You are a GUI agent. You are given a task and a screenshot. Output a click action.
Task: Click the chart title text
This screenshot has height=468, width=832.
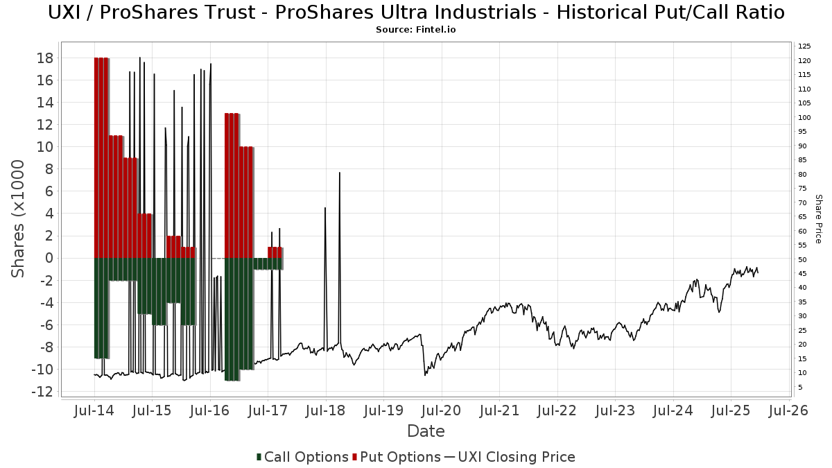click(416, 12)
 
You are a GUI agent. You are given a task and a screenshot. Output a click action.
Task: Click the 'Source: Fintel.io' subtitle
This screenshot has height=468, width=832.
click(416, 30)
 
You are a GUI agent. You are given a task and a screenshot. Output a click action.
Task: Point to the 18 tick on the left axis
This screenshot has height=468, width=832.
click(45, 58)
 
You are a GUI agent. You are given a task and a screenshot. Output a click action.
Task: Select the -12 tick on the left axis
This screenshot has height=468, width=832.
click(42, 392)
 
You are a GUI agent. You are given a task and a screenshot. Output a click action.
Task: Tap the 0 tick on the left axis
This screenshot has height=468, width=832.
click(50, 258)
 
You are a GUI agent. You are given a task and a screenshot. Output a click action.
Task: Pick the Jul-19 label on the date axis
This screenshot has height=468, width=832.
click(383, 411)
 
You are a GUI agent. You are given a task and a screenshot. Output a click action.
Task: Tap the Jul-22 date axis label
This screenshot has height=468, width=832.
click(557, 411)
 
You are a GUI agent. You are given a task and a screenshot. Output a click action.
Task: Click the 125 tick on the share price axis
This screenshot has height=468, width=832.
click(804, 46)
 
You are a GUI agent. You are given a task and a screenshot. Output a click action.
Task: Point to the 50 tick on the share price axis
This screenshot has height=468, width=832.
click(803, 259)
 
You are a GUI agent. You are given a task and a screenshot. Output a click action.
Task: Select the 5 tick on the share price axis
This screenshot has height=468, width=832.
click(801, 387)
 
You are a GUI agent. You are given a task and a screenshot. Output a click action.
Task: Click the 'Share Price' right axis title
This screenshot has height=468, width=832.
click(818, 219)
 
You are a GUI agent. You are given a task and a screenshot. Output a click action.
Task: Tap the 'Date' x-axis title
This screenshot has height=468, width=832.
click(426, 431)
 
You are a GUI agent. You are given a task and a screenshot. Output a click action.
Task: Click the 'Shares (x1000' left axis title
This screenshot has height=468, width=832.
click(19, 219)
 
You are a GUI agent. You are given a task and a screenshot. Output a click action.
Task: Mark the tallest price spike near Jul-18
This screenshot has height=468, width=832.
click(339, 173)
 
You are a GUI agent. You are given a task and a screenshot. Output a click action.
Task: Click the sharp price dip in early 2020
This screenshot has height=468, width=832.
click(424, 374)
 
